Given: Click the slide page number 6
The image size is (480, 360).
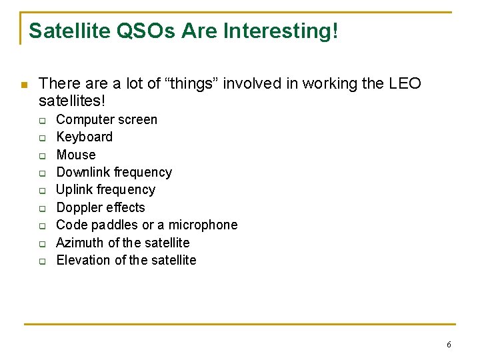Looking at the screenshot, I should click(x=449, y=345).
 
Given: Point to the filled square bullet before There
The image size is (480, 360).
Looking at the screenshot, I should click(x=23, y=85).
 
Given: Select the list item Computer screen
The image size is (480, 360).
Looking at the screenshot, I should click(x=107, y=120).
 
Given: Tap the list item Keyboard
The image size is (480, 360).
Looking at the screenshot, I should click(x=85, y=137).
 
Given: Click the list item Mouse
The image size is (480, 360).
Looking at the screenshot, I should click(x=76, y=155).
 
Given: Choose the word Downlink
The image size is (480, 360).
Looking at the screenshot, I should click(x=84, y=173).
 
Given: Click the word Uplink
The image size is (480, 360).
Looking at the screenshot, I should click(x=75, y=190).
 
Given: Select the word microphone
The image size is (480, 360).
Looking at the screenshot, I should click(x=203, y=225).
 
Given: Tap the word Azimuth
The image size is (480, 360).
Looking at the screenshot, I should click(x=80, y=243).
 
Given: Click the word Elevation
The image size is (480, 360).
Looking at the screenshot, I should click(x=83, y=260).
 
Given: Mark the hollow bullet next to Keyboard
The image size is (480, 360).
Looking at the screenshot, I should click(x=41, y=138).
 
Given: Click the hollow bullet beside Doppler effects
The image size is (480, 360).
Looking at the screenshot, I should click(x=41, y=208).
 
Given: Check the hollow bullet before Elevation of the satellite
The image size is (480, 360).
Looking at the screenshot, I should click(x=41, y=261).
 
